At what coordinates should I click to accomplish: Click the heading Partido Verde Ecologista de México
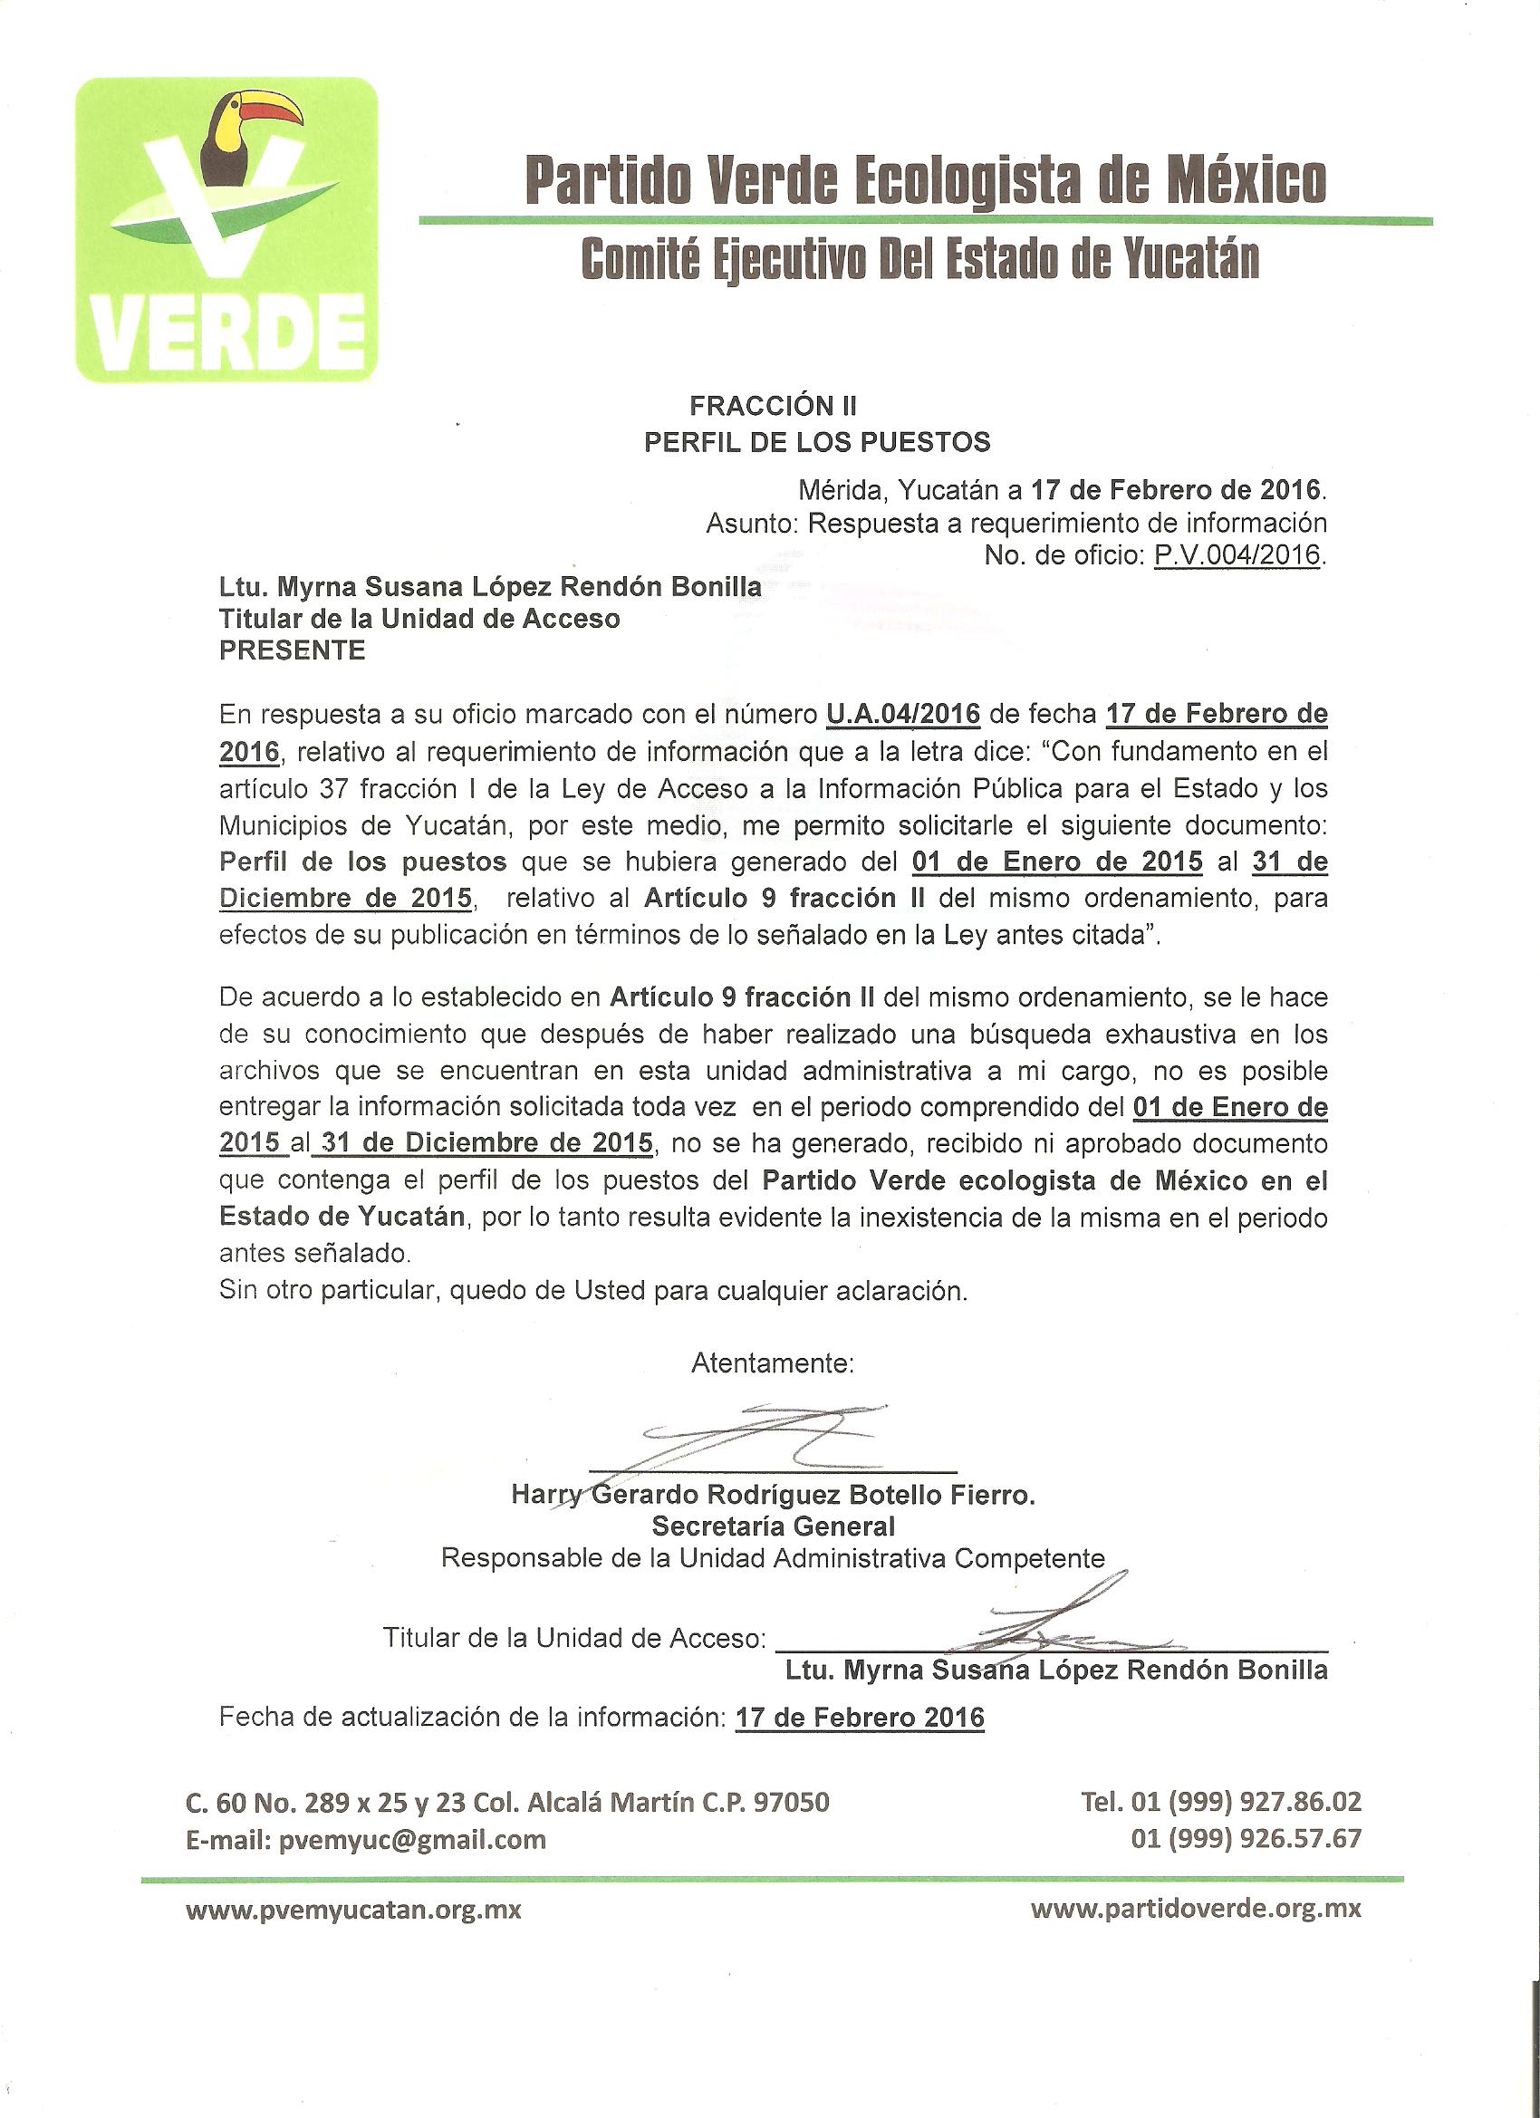coord(925,179)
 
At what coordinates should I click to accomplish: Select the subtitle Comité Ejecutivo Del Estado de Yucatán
coord(919,259)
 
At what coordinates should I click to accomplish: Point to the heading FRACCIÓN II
coord(774,405)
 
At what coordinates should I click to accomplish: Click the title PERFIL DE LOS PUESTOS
coord(817,442)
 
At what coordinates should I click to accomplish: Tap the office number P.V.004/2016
coord(1237,554)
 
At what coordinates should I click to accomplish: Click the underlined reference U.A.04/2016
coord(903,715)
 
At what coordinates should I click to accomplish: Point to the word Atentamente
coord(773,1363)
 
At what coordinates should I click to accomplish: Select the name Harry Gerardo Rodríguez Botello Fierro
coord(774,1495)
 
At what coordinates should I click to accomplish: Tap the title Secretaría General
coord(774,1526)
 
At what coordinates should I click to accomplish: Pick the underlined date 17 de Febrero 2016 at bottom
coord(860,1718)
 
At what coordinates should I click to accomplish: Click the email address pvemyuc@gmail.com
coord(412,1840)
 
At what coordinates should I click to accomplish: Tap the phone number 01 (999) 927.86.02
coord(1246,1802)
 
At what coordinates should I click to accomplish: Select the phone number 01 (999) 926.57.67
coord(1246,1839)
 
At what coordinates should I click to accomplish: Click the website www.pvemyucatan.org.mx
coord(353,1910)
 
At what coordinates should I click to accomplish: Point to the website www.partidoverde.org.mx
coord(1196,1909)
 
